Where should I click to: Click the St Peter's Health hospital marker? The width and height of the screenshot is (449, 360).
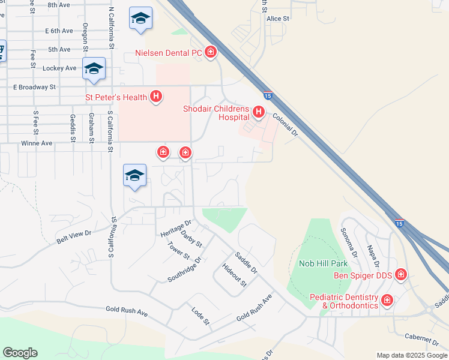click(x=156, y=96)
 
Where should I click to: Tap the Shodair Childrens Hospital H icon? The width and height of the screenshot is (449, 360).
click(x=259, y=112)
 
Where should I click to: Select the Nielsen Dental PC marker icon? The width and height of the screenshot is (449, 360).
click(x=211, y=53)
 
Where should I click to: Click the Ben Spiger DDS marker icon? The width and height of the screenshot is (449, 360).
click(x=400, y=275)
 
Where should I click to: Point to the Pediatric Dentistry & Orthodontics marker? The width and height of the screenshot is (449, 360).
click(x=387, y=300)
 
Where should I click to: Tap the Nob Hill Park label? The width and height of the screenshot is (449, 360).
click(x=323, y=263)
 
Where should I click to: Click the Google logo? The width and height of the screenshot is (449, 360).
click(x=20, y=353)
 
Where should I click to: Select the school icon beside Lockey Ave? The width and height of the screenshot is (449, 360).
click(x=94, y=69)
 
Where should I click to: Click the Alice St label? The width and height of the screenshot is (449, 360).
click(x=278, y=19)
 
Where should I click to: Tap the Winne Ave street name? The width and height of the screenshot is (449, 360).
click(x=37, y=143)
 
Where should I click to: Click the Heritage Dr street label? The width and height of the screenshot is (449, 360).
click(x=175, y=227)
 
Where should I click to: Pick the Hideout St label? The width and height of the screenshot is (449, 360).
click(x=234, y=275)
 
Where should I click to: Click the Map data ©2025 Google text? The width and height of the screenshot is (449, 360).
click(x=412, y=355)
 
